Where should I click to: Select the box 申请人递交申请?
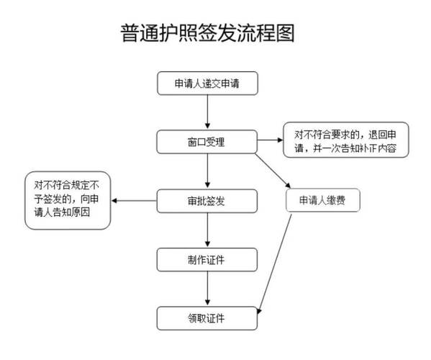(x=207, y=84)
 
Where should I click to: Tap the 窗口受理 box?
(x=207, y=140)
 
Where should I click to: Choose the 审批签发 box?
(x=207, y=199)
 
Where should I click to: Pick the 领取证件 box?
(x=207, y=316)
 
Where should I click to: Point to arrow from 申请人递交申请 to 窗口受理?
(x=207, y=112)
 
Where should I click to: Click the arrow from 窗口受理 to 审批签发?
(x=207, y=170)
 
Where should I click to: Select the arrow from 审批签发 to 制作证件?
(x=207, y=229)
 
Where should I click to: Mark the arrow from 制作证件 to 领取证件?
(x=207, y=287)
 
